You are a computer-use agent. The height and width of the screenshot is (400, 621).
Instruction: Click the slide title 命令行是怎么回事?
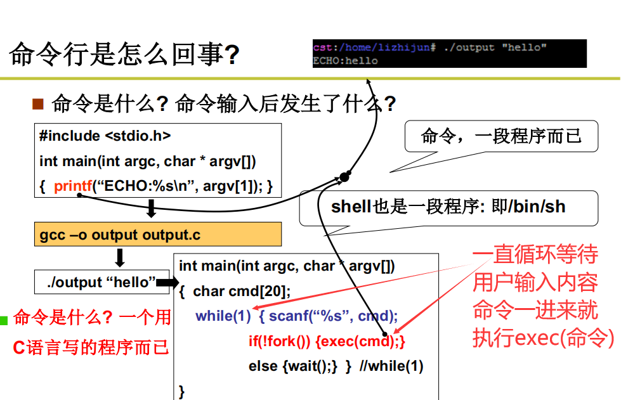pyautogui.click(x=124, y=55)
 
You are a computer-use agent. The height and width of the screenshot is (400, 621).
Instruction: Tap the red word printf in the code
pyautogui.click(x=72, y=186)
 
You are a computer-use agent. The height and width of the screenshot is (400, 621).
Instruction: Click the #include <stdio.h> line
pyautogui.click(x=105, y=136)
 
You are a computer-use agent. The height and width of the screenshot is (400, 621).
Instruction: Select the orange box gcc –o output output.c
pyautogui.click(x=157, y=235)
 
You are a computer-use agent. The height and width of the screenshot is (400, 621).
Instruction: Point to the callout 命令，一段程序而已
pyautogui.click(x=501, y=136)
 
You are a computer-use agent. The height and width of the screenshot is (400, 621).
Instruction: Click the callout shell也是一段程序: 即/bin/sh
pyautogui.click(x=448, y=206)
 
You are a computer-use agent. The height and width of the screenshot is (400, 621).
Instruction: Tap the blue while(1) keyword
pyautogui.click(x=223, y=316)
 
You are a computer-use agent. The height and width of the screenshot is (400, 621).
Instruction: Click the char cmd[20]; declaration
pyautogui.click(x=242, y=291)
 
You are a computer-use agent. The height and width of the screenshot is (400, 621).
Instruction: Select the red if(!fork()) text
pyautogui.click(x=279, y=341)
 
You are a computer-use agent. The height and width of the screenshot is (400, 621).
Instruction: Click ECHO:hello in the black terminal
pyautogui.click(x=346, y=61)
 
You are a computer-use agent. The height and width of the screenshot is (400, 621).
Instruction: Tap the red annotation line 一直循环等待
pyautogui.click(x=535, y=255)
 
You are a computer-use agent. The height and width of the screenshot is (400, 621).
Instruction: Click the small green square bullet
pyautogui.click(x=4, y=320)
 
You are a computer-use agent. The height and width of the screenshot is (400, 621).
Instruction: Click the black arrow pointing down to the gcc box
pyautogui.click(x=151, y=208)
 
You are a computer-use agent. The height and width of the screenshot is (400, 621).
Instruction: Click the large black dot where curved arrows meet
pyautogui.click(x=344, y=176)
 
